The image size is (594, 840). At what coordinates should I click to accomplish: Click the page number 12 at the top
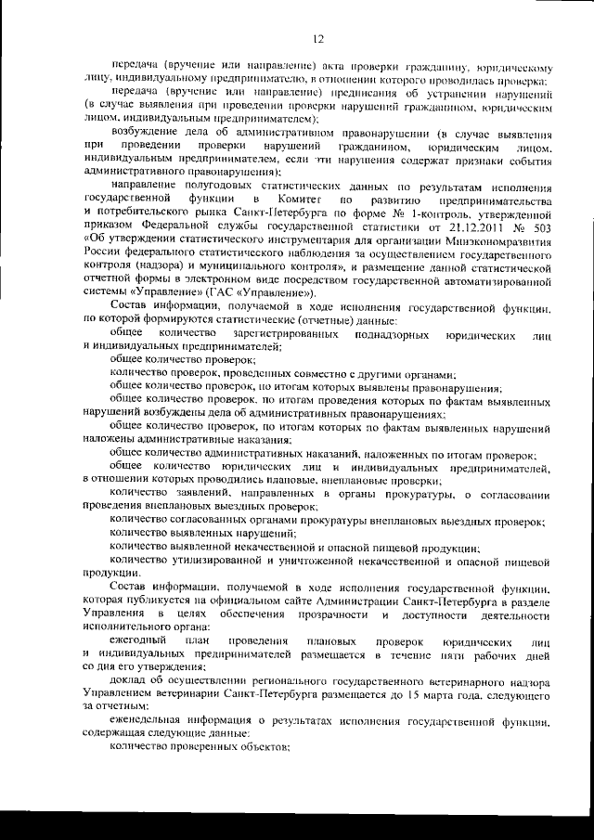[316, 38]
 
